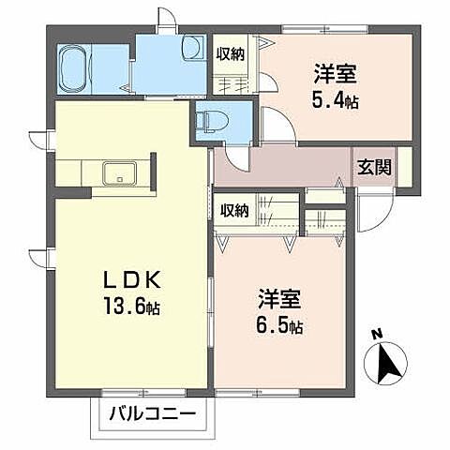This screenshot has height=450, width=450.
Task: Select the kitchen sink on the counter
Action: (x=121, y=173)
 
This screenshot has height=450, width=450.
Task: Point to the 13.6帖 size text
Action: (x=131, y=307)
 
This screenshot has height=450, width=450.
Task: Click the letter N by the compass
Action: (x=375, y=334)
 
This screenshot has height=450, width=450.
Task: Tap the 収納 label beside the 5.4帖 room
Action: (x=232, y=55)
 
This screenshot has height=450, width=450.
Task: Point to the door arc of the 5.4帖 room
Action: (x=274, y=125)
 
